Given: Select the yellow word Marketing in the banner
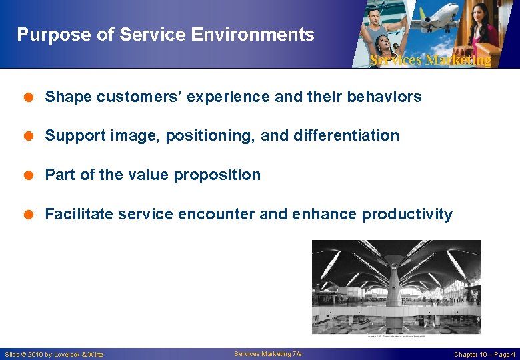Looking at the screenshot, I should pos(459,61).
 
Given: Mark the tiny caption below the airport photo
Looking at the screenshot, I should pos(396,337).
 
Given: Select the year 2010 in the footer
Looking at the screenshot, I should pos(35,355).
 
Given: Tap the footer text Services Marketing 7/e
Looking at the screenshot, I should pos(268,354).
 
